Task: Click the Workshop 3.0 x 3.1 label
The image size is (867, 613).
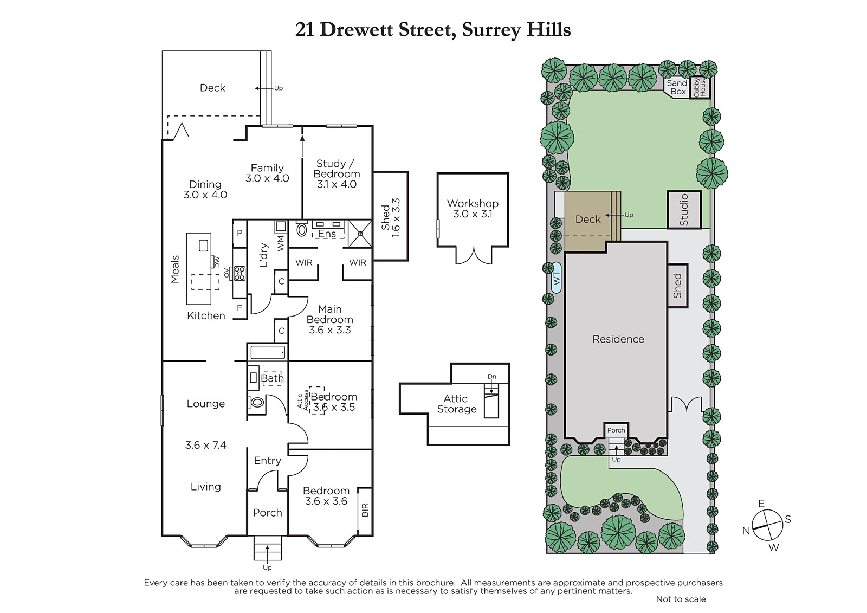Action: pyautogui.click(x=473, y=209)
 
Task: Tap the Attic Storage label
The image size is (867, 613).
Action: pyautogui.click(x=457, y=404)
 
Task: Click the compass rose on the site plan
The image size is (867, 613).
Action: pyautogui.click(x=767, y=526)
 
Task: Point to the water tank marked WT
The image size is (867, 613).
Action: pyautogui.click(x=557, y=278)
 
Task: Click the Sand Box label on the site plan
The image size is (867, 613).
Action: pyautogui.click(x=677, y=87)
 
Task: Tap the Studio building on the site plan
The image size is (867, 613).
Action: pyautogui.click(x=684, y=210)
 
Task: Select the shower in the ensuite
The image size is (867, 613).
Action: pyautogui.click(x=360, y=234)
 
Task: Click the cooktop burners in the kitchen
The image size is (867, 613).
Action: pyautogui.click(x=239, y=273)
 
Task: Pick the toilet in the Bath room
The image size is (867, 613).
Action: pyautogui.click(x=257, y=402)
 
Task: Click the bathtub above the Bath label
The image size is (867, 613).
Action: pyautogui.click(x=268, y=352)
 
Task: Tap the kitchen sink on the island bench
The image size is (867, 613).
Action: pyautogui.click(x=204, y=245)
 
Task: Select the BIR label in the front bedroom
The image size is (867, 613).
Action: pyautogui.click(x=365, y=510)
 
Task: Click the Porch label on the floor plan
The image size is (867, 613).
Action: pyautogui.click(x=268, y=513)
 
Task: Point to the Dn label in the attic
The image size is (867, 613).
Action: pyautogui.click(x=492, y=376)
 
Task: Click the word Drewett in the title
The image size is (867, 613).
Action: pyautogui.click(x=356, y=30)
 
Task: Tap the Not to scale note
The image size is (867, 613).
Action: pyautogui.click(x=681, y=599)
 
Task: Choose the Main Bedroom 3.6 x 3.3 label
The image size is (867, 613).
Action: pyautogui.click(x=330, y=319)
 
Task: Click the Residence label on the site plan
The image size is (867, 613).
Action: pyautogui.click(x=618, y=339)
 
